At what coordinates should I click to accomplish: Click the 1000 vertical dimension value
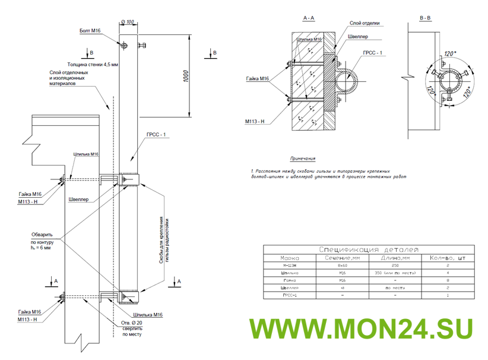(186, 78)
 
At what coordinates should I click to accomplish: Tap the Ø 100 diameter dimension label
(128, 22)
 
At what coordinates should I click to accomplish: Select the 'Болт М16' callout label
(91, 29)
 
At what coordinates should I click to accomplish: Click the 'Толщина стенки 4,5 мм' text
(93, 63)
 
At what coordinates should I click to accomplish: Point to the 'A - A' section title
(309, 18)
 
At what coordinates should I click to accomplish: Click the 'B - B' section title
(425, 18)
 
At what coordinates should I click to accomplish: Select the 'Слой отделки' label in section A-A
(365, 23)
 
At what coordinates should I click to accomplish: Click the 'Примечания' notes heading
(303, 159)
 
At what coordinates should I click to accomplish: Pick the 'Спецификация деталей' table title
(369, 250)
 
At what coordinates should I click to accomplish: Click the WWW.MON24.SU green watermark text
(360, 329)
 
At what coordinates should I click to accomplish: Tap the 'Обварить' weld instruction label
(42, 234)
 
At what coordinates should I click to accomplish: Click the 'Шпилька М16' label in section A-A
(309, 39)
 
